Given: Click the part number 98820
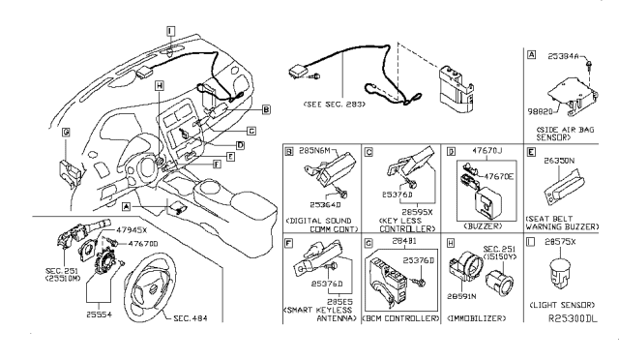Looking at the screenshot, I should click(541, 113).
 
